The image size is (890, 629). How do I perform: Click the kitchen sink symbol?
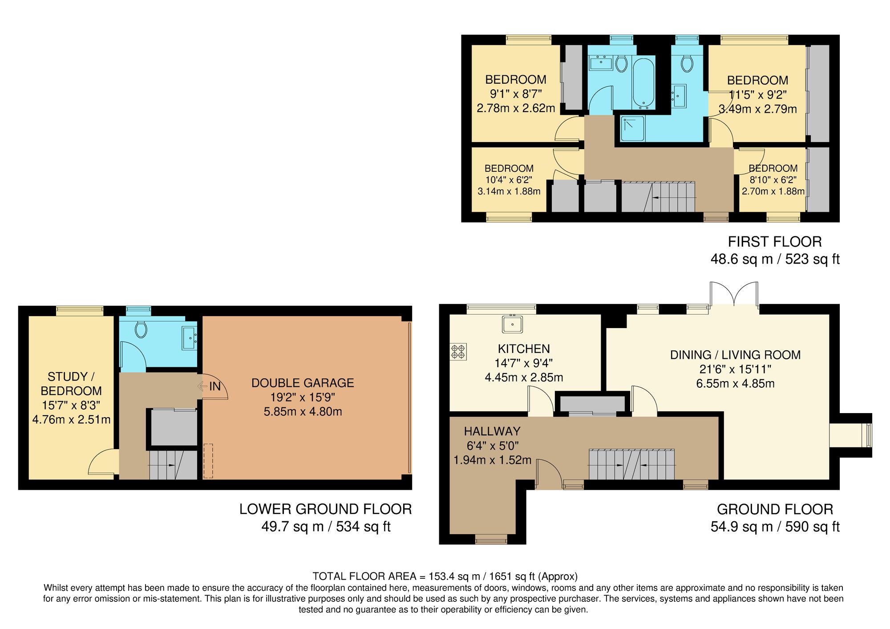pyautogui.click(x=513, y=324)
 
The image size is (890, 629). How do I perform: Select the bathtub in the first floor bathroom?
pyautogui.click(x=643, y=82)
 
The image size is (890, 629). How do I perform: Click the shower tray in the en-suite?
pyautogui.click(x=632, y=129)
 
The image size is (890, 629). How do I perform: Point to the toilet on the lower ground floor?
pyautogui.click(x=141, y=330)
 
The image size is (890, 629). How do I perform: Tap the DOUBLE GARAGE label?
pyautogui.click(x=303, y=383)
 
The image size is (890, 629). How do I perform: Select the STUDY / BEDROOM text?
pyautogui.click(x=71, y=384)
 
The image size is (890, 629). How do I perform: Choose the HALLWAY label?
pyautogui.click(x=492, y=431)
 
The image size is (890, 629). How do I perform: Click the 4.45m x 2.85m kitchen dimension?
pyautogui.click(x=524, y=377)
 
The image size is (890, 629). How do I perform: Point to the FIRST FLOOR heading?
pyautogui.click(x=774, y=242)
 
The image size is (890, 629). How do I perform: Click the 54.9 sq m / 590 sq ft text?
pyautogui.click(x=774, y=527)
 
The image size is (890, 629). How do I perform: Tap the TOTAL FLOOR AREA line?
pyautogui.click(x=445, y=576)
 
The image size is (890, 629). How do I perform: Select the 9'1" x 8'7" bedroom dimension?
pyautogui.click(x=516, y=94)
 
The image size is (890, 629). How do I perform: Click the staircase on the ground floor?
pyautogui.click(x=631, y=464)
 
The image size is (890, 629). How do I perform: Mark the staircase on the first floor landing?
pyautogui.click(x=658, y=196)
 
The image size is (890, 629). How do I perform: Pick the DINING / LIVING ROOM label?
pyautogui.click(x=735, y=355)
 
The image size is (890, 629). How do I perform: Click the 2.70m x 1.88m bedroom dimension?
pyautogui.click(x=773, y=191)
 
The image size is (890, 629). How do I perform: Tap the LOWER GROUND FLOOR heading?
pyautogui.click(x=325, y=509)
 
